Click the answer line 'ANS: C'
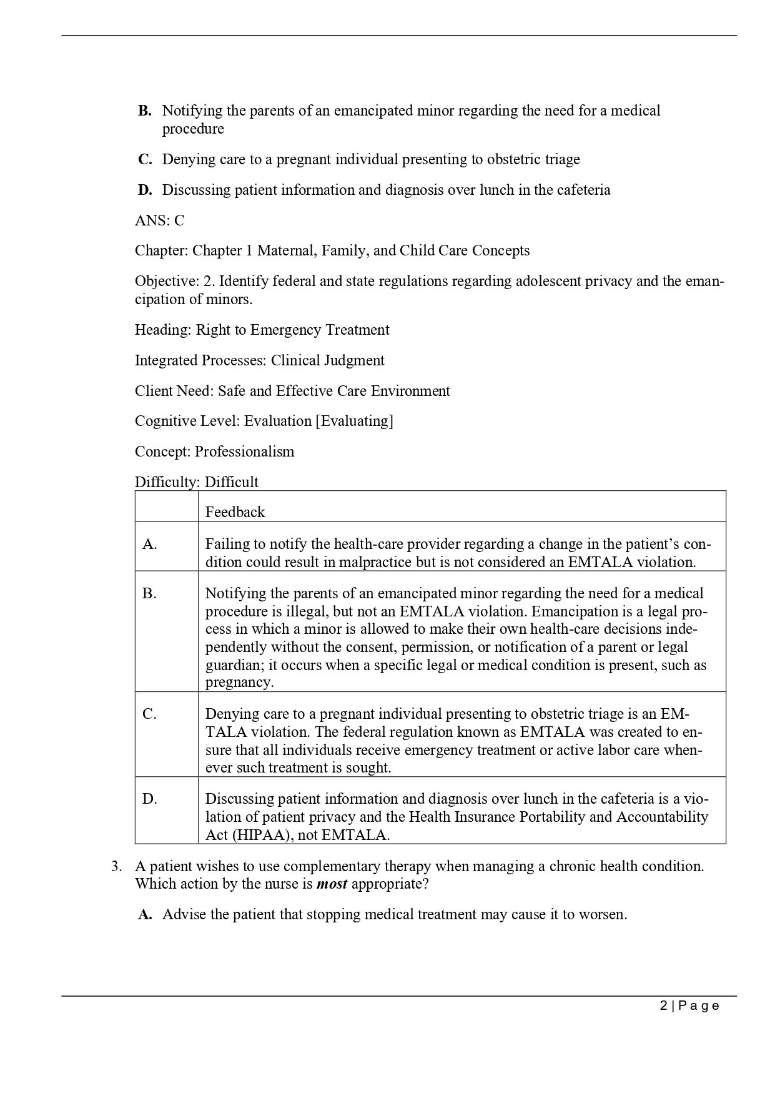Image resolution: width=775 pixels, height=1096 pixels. point(159,220)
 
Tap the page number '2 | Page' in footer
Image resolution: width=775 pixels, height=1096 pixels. point(689,1005)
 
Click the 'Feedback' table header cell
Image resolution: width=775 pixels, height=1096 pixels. point(235,512)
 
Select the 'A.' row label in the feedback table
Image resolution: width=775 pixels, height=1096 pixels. point(150,544)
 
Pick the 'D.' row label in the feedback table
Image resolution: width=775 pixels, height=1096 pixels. point(150,799)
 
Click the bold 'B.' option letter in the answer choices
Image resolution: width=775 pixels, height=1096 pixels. point(145,111)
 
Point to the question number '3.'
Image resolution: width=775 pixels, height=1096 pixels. point(117,866)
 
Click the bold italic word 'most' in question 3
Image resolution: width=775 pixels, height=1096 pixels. point(332,884)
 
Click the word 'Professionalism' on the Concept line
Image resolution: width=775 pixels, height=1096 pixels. point(244,452)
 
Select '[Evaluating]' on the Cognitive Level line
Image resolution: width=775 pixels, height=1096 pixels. point(354,421)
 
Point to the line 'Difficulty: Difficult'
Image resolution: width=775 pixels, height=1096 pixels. point(196,482)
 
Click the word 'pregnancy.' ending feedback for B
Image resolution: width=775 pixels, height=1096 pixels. point(239,682)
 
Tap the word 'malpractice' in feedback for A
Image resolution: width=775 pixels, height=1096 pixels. point(377,562)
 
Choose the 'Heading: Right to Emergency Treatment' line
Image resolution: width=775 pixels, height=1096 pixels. point(262,330)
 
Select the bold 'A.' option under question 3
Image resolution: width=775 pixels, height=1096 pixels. point(145,915)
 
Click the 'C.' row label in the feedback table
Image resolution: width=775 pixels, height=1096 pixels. point(150,714)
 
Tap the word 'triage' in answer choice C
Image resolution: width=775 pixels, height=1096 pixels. point(562,159)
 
